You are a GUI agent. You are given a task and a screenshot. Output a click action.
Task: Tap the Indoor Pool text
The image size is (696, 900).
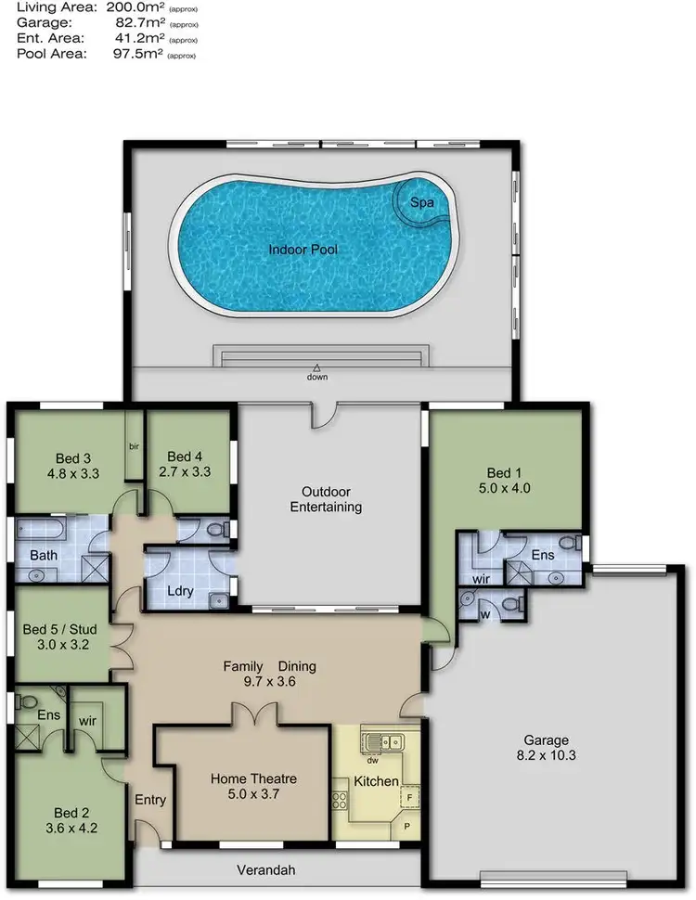coord(303,250)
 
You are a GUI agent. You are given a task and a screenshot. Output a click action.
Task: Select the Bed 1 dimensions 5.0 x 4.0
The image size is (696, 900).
coord(507,487)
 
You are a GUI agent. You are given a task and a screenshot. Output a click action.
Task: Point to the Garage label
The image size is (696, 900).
coord(546,740)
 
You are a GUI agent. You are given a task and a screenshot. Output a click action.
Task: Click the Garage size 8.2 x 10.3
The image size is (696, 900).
coord(546,756)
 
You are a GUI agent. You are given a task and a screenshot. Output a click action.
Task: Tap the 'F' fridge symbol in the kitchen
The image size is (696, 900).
coord(408,797)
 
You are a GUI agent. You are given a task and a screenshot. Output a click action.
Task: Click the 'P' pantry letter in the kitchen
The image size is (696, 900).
coord(407,825)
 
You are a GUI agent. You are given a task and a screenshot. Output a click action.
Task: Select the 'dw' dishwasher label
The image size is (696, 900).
coord(372,761)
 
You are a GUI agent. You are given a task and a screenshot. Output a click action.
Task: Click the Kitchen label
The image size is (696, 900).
coord(377,782)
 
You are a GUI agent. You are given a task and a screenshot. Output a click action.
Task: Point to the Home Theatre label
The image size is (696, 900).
coord(253,778)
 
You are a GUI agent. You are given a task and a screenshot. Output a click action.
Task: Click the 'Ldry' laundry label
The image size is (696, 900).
coord(178,590)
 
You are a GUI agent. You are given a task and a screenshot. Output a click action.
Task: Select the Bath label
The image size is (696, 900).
coord(44,556)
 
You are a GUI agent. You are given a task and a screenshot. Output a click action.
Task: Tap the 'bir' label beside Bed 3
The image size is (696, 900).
coord(134,446)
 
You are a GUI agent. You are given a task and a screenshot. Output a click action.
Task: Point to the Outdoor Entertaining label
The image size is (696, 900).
coord(325,499)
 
